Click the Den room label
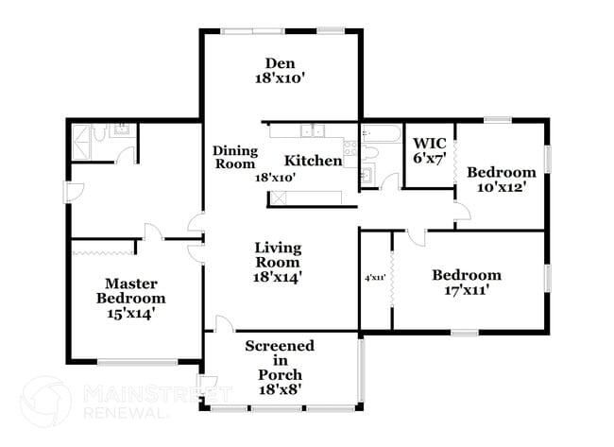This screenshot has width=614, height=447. (x=281, y=63)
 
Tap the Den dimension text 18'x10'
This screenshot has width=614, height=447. (x=281, y=79)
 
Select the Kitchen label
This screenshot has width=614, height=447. (x=313, y=161)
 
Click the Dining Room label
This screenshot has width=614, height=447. (x=234, y=157)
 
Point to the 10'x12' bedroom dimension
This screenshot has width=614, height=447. (x=501, y=187)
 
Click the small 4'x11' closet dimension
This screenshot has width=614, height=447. (x=376, y=278)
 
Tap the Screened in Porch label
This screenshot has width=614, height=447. (x=280, y=360)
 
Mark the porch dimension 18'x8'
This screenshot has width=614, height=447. (x=280, y=388)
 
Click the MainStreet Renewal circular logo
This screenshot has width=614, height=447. (x=45, y=402)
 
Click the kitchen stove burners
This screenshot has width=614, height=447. (x=350, y=148)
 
